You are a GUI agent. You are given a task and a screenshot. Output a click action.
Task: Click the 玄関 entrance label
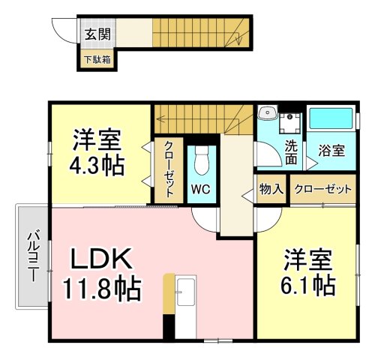tap(97, 34)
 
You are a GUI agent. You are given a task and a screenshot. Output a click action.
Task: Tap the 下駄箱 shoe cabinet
tap(97, 59)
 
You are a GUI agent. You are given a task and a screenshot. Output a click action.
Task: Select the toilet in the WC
tap(202, 160)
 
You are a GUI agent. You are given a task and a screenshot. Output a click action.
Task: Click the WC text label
tap(201, 189)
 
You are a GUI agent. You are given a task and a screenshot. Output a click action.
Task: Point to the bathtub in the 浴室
tap(331, 118)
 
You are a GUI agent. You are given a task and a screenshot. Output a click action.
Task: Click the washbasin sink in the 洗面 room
tap(267, 112)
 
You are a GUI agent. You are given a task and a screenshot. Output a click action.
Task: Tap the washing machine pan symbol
tap(290, 124)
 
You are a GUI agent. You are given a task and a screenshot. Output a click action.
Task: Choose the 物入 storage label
tap(271, 189)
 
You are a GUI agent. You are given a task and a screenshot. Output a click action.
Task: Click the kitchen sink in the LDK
tap(185, 292)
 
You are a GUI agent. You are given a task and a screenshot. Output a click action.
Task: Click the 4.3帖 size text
tap(97, 166)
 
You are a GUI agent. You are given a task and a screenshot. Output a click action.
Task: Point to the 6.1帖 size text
tap(308, 285)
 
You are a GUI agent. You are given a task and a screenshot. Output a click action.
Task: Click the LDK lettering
tap(102, 258)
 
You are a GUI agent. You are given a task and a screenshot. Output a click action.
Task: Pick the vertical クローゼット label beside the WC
tap(169, 169)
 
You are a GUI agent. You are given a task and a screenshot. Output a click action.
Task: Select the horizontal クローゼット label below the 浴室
tap(323, 189)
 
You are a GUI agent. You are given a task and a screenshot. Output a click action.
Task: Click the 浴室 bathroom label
tap(331, 151)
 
